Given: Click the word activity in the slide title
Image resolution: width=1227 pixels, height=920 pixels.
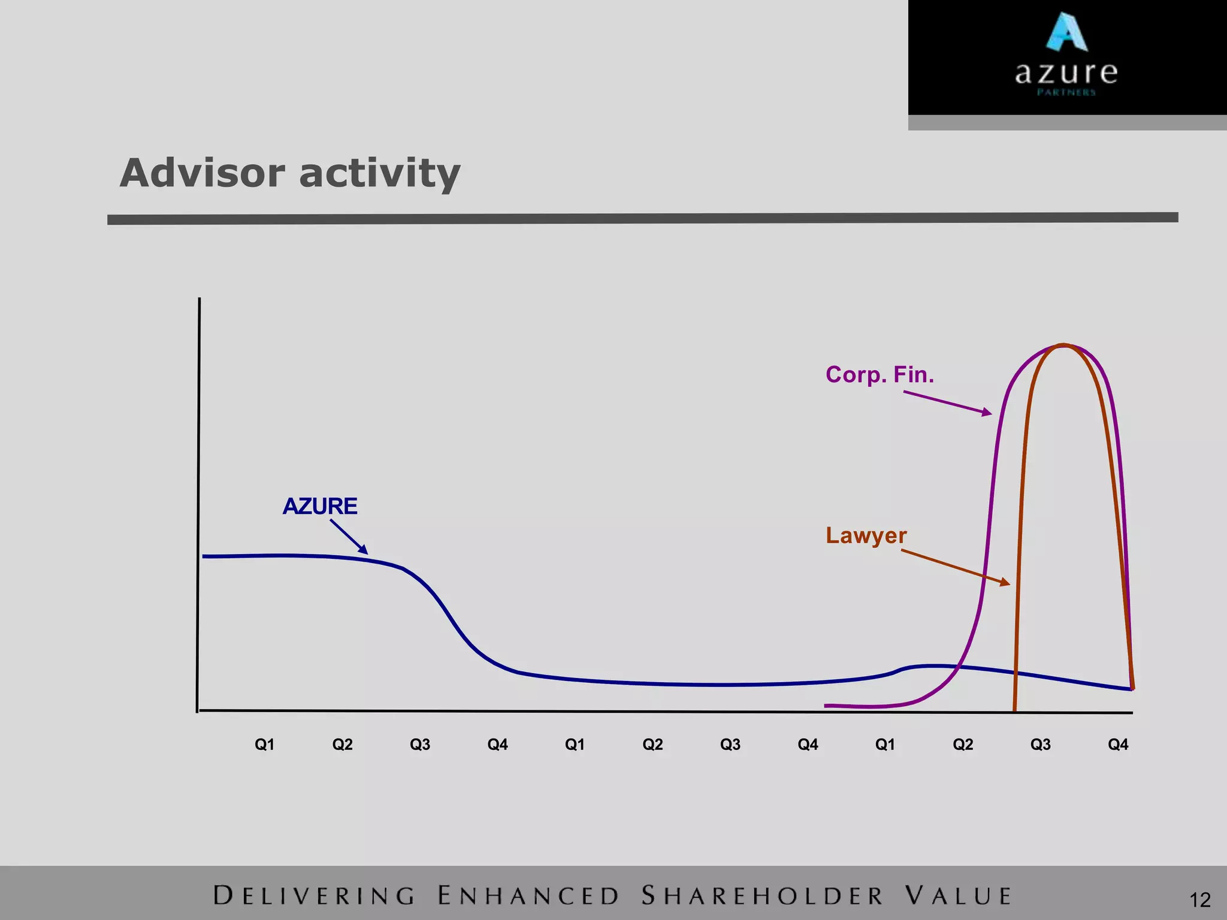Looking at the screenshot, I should (x=380, y=174).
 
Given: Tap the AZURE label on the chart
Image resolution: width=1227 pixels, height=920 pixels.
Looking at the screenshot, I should (x=320, y=507).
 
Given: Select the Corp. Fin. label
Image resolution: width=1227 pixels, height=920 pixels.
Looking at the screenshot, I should (x=880, y=375).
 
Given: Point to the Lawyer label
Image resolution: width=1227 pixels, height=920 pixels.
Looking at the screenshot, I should (x=866, y=535).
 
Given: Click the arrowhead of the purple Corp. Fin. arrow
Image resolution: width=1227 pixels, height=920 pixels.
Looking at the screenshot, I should (x=987, y=412).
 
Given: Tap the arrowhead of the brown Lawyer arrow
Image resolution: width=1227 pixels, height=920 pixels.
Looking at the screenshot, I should (x=1005, y=582).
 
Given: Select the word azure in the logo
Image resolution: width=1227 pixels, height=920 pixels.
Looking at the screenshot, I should (x=1066, y=74).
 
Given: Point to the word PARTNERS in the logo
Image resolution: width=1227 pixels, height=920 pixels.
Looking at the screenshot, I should (x=1066, y=92).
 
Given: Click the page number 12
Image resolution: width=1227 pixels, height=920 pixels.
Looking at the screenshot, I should (x=1200, y=900).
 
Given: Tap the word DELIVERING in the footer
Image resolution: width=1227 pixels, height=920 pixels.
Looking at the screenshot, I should (x=315, y=896).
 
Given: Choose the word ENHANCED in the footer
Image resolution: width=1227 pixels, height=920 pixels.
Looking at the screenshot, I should (x=528, y=896).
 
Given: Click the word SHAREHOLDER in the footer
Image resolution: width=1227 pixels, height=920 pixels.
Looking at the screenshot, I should (x=763, y=896).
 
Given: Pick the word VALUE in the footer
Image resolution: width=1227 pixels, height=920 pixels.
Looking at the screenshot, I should (x=958, y=896).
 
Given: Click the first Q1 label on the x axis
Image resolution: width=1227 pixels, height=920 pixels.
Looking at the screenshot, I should (x=265, y=745).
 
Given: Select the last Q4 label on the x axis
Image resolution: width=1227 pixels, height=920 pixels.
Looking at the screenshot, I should (x=1118, y=745).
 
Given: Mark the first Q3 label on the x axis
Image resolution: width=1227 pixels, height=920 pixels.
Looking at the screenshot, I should (x=420, y=745).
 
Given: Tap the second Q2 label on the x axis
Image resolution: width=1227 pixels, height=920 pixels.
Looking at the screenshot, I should (x=652, y=745).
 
